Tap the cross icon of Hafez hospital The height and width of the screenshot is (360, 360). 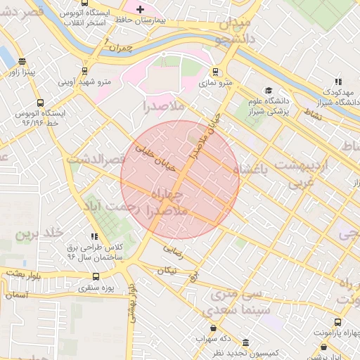140,9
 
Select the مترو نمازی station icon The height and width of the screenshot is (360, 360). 216,72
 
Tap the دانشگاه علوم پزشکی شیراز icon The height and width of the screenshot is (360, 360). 268,91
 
